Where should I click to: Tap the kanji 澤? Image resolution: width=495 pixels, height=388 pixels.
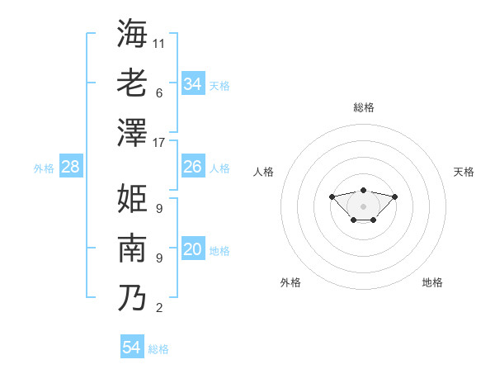[132, 132]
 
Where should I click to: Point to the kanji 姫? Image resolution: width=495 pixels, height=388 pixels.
[132, 198]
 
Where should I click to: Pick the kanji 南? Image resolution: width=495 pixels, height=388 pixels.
[132, 248]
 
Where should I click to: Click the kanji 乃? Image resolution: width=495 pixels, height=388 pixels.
[132, 297]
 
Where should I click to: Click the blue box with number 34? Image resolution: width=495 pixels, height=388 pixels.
[193, 84]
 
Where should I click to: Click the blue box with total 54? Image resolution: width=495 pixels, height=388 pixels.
[132, 348]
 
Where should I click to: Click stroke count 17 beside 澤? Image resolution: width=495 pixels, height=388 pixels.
[159, 143]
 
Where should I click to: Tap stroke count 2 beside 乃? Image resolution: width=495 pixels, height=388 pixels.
[159, 309]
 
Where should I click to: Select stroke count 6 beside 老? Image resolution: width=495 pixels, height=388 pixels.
[159, 92]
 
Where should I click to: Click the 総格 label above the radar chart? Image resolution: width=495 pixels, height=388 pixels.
[363, 107]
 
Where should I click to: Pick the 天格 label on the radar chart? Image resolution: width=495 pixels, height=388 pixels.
[464, 172]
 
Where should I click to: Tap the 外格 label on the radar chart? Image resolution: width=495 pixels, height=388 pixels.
[290, 282]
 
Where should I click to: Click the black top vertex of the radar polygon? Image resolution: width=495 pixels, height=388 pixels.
[363, 190]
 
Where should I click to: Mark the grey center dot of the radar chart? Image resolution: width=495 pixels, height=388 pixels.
[363, 206]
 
